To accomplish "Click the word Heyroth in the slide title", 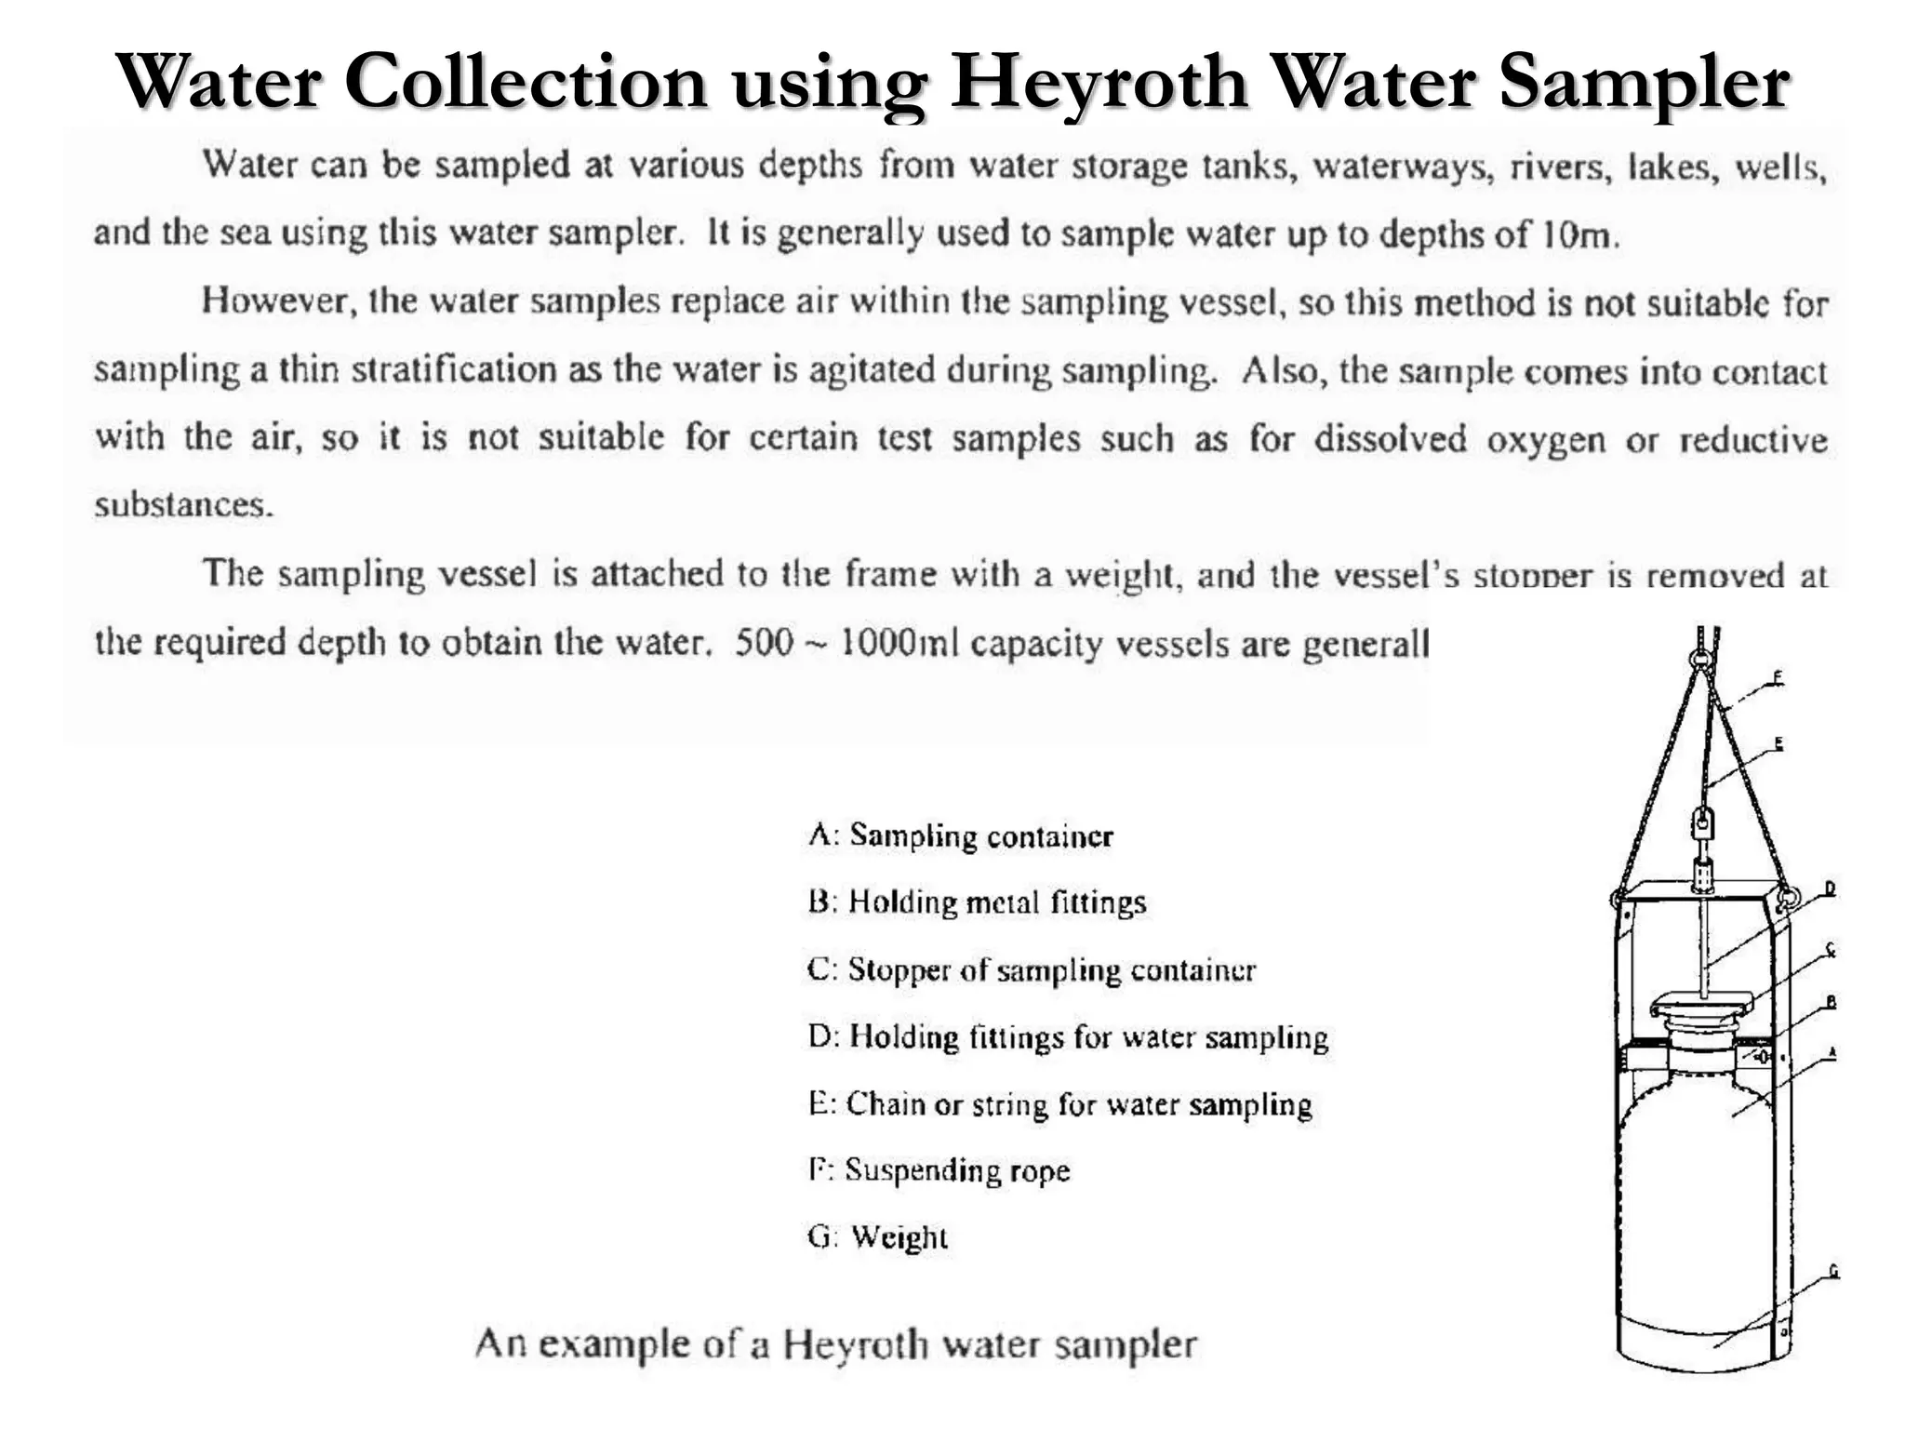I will (1098, 82).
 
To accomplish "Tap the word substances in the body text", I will (184, 505).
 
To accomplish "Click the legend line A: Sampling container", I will (960, 835).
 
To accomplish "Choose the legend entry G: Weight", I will (877, 1236).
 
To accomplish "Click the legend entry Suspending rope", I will (939, 1169).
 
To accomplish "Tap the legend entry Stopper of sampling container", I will (1032, 969).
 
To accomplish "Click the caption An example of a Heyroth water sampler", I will (835, 1344).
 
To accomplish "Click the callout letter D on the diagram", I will (1830, 888).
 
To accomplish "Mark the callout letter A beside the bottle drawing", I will (1832, 1052).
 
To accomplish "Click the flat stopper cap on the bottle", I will (1701, 1005).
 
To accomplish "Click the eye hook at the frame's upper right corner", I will (1787, 899).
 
